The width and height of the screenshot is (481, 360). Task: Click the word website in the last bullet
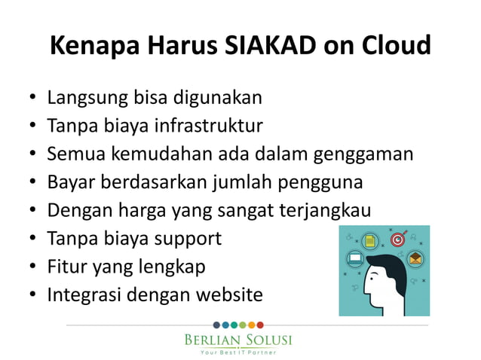228,295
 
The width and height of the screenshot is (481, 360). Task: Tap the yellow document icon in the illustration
370,241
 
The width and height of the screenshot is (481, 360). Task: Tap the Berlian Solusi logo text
237,340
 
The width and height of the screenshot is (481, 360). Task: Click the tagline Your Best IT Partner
237,352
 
